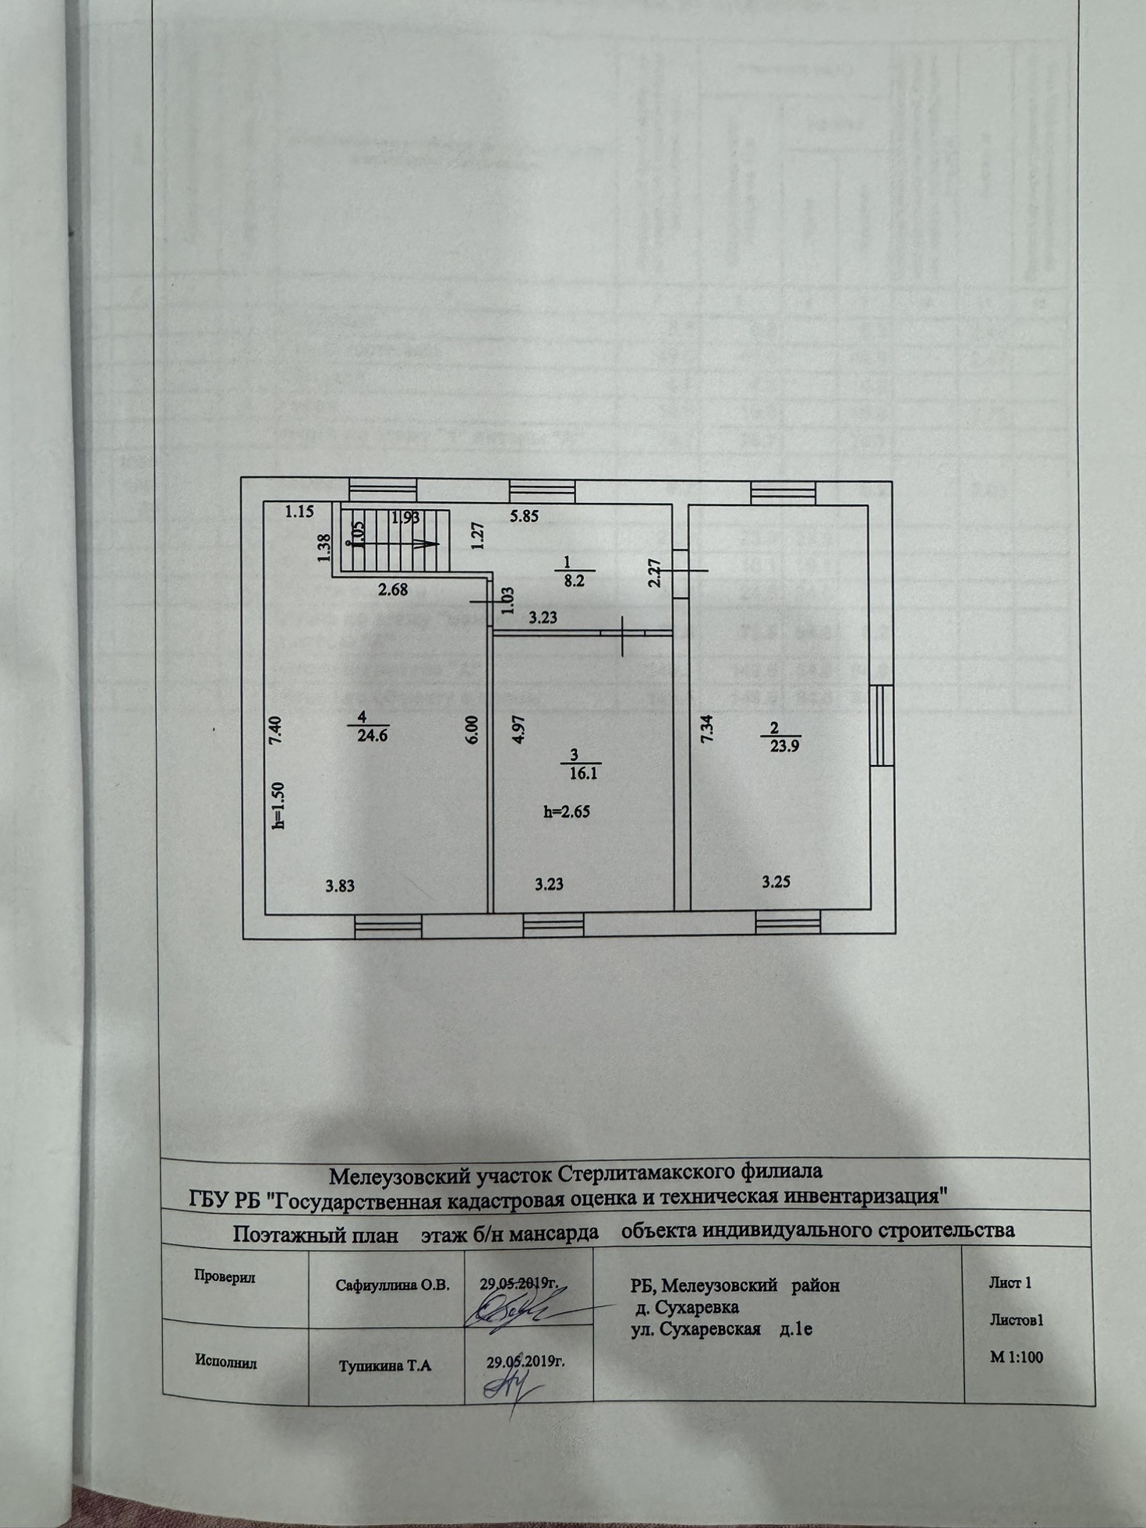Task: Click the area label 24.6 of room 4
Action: (373, 734)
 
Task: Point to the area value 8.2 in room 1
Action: (575, 581)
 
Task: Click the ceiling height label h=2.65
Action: (567, 811)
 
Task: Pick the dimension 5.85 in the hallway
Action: (524, 516)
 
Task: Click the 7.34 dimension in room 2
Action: (706, 730)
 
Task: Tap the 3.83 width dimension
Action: (341, 885)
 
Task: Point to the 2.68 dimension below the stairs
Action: (393, 590)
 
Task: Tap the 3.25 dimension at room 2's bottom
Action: (776, 882)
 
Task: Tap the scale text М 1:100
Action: (1016, 1357)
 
